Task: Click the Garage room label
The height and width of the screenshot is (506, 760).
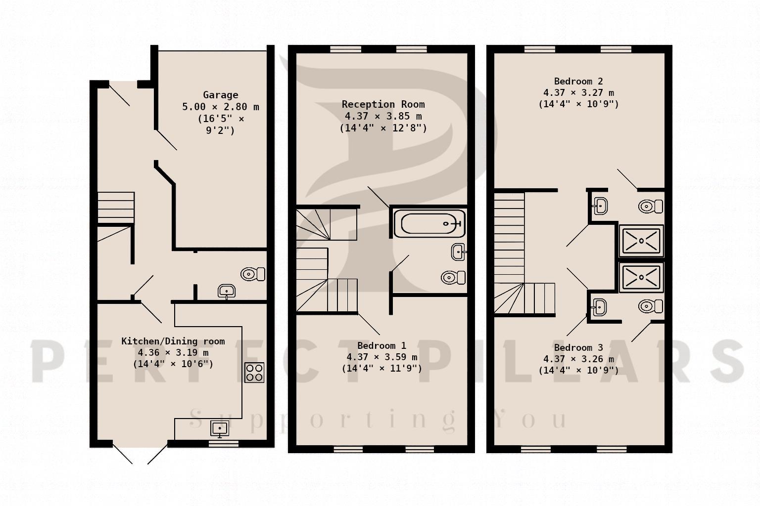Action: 221,95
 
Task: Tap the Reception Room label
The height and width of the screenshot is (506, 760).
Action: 383,104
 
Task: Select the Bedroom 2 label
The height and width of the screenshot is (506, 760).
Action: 578,82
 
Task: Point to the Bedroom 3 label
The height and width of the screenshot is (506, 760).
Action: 578,348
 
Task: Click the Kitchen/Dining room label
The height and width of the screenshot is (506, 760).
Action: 173,341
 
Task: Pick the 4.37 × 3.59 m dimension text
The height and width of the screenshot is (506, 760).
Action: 381,357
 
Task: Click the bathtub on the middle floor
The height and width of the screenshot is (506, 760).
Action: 429,224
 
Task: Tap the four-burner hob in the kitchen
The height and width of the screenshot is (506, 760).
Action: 254,373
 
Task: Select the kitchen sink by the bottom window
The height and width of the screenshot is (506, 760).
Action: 220,429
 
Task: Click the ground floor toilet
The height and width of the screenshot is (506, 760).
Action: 253,274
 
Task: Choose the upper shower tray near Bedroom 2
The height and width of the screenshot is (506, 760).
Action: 641,241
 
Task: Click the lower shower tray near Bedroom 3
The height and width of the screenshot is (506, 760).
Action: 641,277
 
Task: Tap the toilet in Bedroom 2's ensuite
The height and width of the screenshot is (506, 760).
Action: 651,206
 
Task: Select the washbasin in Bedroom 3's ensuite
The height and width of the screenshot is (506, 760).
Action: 599,307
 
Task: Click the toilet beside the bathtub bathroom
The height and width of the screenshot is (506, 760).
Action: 453,278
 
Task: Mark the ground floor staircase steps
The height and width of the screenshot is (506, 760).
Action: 116,208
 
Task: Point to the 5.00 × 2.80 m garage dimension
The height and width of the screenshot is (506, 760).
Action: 221,107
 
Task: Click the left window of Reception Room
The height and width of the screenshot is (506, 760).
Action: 346,49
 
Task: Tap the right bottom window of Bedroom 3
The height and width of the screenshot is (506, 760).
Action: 612,449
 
